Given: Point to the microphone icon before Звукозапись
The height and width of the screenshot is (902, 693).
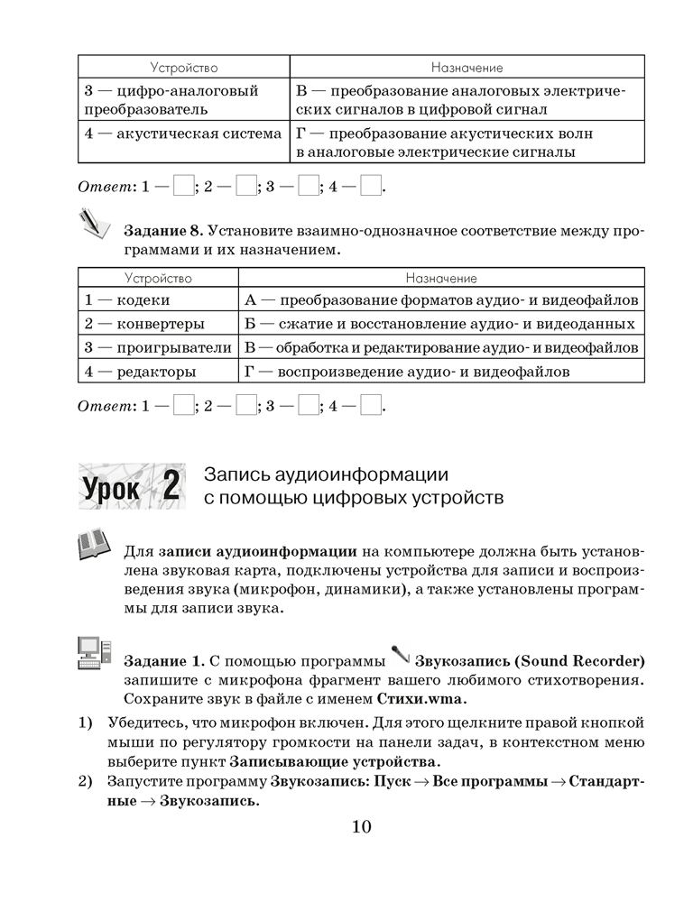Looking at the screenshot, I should pyautogui.click(x=400, y=652).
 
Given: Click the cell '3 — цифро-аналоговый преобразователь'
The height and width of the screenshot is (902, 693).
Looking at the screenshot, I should pyautogui.click(x=184, y=100).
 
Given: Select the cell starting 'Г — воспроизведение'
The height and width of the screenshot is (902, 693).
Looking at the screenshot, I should pyautogui.click(x=442, y=371).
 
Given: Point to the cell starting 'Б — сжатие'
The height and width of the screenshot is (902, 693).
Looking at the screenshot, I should pyautogui.click(x=442, y=324).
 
